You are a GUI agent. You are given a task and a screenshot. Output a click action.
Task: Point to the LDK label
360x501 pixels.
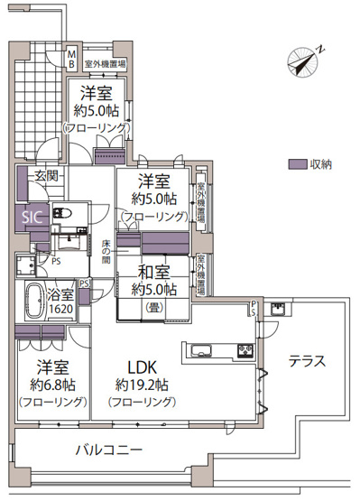[x=143, y=367]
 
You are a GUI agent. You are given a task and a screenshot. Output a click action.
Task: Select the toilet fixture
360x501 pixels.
[x=63, y=214]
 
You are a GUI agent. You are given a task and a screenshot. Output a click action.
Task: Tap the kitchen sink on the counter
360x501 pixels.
[x=199, y=350]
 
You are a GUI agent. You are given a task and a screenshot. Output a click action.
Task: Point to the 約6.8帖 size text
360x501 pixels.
[x=52, y=385]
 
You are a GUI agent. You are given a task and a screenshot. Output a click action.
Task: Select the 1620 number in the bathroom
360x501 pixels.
[x=61, y=309]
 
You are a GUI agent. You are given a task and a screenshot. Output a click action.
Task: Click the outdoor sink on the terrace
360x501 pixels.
[x=278, y=311]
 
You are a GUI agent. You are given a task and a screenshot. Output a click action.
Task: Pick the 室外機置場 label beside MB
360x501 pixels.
[x=106, y=64]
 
